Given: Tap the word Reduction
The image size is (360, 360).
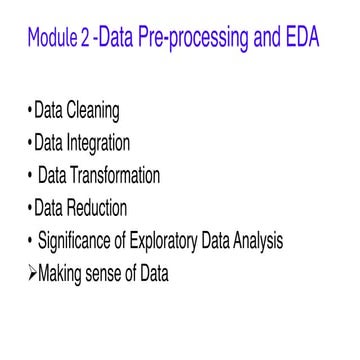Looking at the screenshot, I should coord(114,208).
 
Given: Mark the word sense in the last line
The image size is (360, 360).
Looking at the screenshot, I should coord(120,272).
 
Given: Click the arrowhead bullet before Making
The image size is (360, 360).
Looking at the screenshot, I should coord(30,272).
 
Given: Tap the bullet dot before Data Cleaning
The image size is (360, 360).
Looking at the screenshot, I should coord(30,111).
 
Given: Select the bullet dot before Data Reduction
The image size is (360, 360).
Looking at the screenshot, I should coord(30,208).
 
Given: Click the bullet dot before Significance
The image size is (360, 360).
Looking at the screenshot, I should coord(30,240).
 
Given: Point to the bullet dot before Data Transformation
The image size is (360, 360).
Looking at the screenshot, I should coord(30,176).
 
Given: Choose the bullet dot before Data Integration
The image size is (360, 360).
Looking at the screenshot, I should coord(30,143).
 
